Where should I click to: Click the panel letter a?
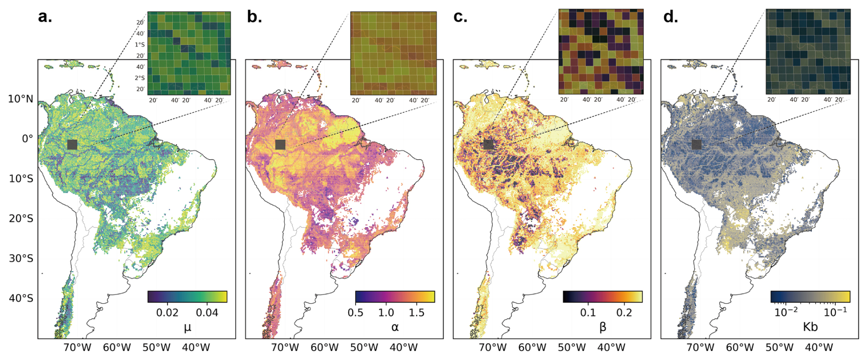[x=45, y=17]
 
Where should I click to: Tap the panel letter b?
[x=254, y=17]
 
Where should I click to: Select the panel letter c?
[x=461, y=17]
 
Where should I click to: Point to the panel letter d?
[x=670, y=17]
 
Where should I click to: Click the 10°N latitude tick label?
[x=21, y=99]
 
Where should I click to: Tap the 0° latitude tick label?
[x=28, y=138]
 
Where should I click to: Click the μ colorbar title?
[x=187, y=327]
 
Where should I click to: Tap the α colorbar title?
[x=395, y=327]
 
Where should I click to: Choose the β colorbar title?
[x=603, y=327]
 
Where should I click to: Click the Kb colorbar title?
[x=810, y=327]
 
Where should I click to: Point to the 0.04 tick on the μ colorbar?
[x=207, y=313]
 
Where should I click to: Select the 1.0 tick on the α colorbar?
[x=386, y=313]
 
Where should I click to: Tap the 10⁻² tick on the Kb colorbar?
[x=786, y=312]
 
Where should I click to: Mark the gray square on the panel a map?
[x=72, y=144]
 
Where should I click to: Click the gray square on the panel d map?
[x=696, y=144]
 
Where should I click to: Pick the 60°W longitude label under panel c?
[x=532, y=348]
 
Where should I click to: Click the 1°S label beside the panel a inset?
[x=139, y=45]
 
